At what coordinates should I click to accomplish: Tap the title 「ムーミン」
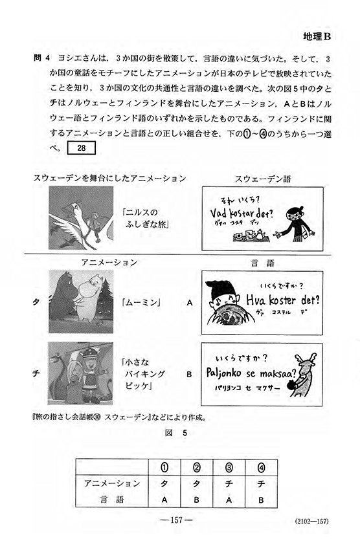[x=141, y=302]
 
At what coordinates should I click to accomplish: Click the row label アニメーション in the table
[x=112, y=483]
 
